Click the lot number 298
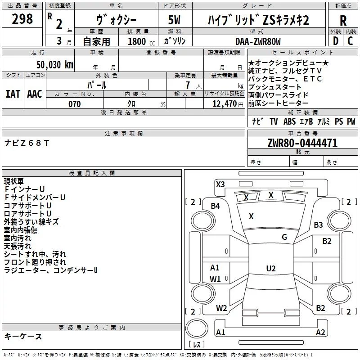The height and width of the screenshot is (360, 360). pyautogui.click(x=22, y=19)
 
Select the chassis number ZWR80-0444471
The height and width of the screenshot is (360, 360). pyautogui.click(x=302, y=144)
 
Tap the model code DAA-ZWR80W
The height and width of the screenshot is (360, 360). pyautogui.click(x=258, y=41)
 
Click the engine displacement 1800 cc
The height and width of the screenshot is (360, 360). pyautogui.click(x=140, y=42)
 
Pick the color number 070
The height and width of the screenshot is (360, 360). pyautogui.click(x=74, y=104)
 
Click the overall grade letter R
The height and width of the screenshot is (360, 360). pyautogui.click(x=343, y=20)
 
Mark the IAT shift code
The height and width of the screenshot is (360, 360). pyautogui.click(x=13, y=94)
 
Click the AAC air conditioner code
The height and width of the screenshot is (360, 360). pyautogui.click(x=35, y=94)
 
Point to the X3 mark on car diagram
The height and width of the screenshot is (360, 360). pyautogui.click(x=220, y=184)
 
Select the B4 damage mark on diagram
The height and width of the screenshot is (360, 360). pyautogui.click(x=216, y=206)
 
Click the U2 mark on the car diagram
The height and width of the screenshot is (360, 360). pyautogui.click(x=271, y=269)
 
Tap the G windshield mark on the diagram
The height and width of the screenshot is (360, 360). pyautogui.click(x=284, y=237)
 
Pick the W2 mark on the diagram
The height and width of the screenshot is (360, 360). pyautogui.click(x=221, y=308)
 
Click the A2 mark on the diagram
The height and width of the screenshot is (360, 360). pyautogui.click(x=320, y=332)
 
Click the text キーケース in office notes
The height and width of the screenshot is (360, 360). pyautogui.click(x=23, y=337)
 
